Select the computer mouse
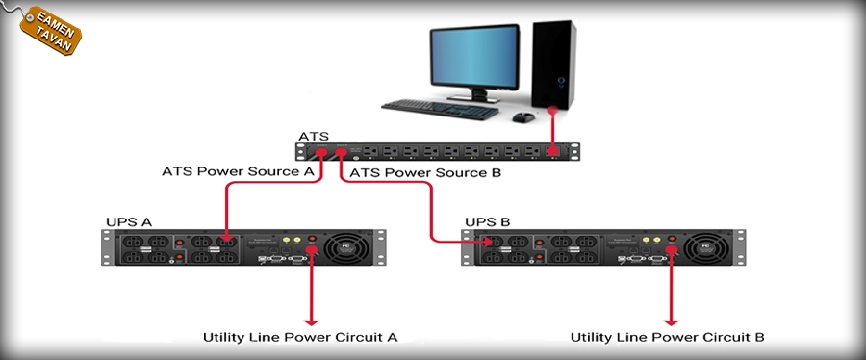click(x=522, y=117)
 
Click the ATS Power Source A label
click(x=238, y=171)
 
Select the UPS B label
click(x=488, y=222)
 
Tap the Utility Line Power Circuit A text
click(x=300, y=337)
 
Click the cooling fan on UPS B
click(x=714, y=247)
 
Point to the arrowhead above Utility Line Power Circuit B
click(x=672, y=320)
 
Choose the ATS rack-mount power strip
click(x=438, y=151)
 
